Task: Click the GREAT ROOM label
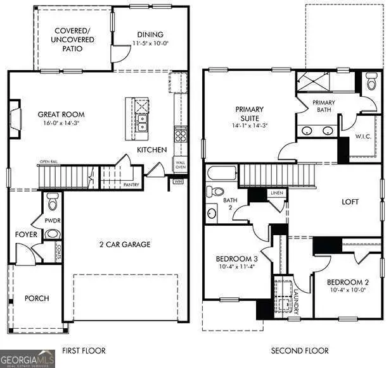61,114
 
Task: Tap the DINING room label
150,35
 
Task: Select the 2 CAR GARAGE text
124,244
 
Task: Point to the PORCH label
37,298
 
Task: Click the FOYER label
27,235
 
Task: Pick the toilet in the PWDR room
53,204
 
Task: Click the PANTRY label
131,185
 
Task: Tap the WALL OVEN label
181,165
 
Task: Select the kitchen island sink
143,119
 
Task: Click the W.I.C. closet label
363,135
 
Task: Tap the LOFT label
350,202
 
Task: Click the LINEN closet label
276,193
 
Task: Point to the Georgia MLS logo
28,359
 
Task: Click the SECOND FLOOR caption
300,350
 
